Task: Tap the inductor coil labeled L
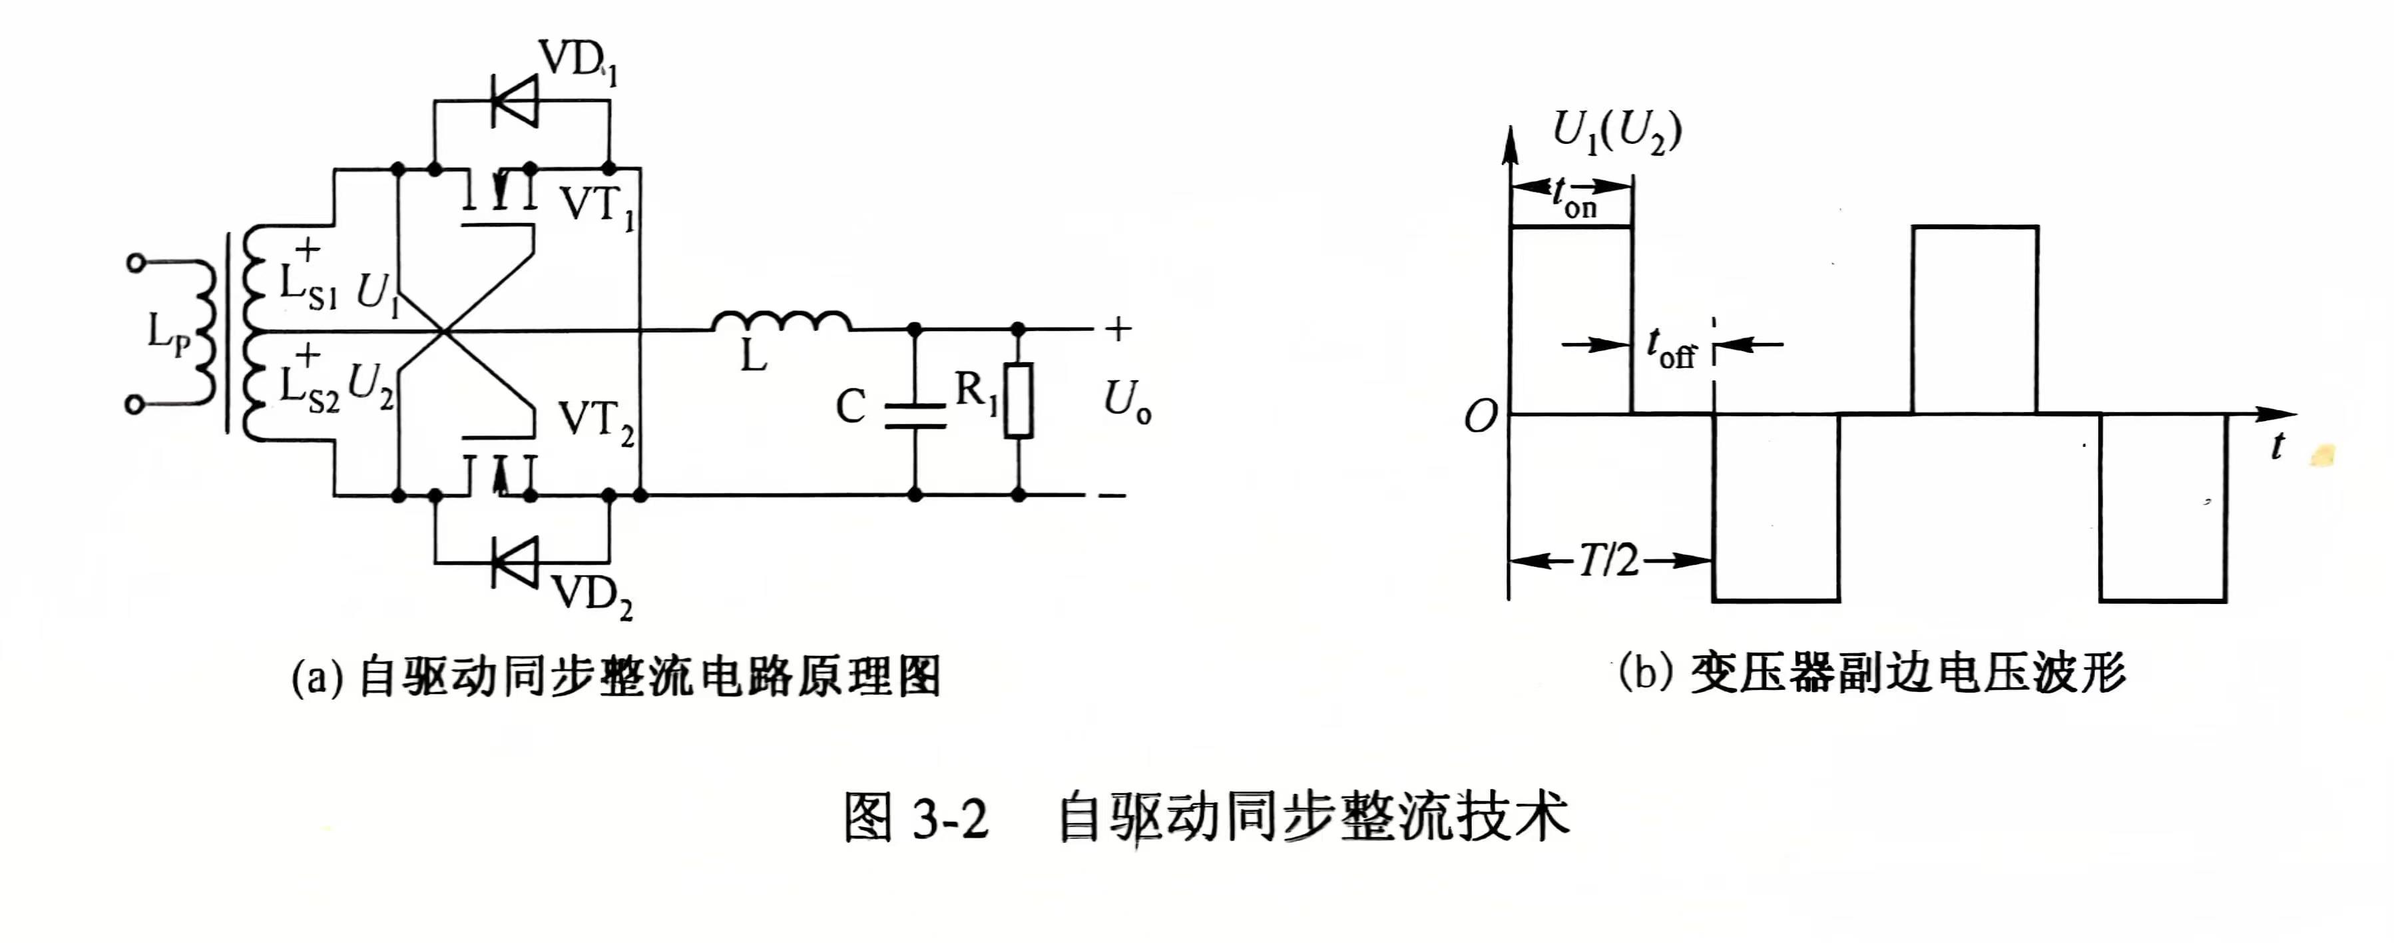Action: pyautogui.click(x=782, y=322)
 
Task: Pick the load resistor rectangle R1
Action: pyautogui.click(x=1019, y=400)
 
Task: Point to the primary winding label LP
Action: pyautogui.click(x=168, y=333)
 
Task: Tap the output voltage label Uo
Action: pyautogui.click(x=1126, y=402)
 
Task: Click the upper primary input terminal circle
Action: pyautogui.click(x=136, y=263)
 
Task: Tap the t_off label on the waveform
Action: pyautogui.click(x=1671, y=350)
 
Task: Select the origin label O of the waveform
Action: pyautogui.click(x=1481, y=418)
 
